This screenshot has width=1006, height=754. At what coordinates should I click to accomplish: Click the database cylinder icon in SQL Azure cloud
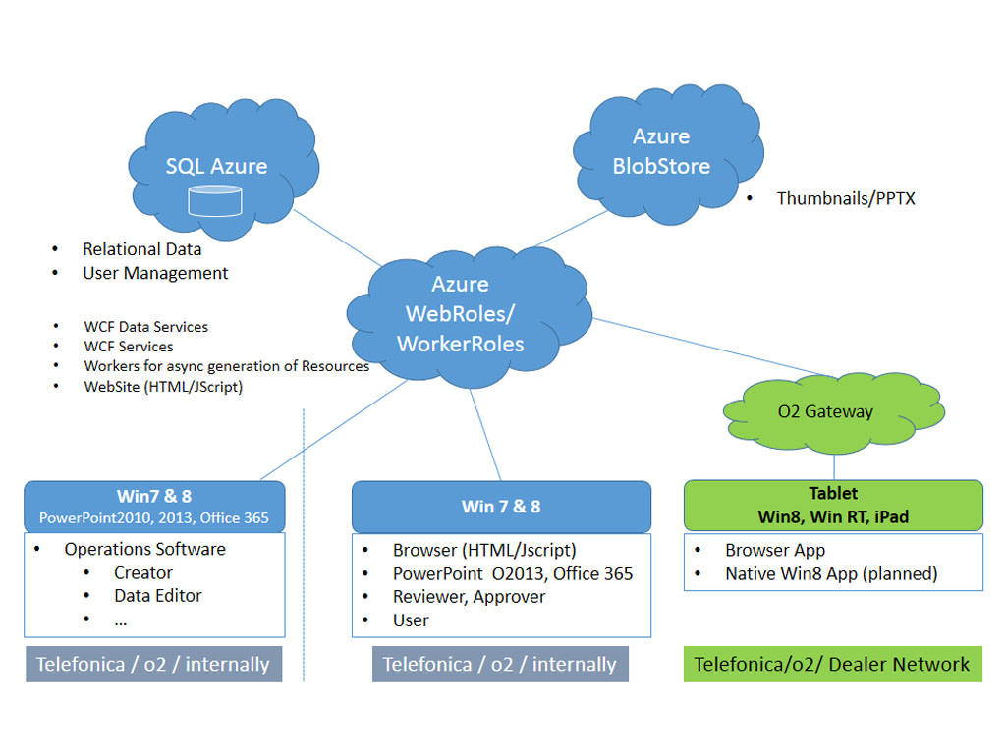click(214, 200)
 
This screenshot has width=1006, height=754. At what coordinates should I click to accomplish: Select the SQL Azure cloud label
click(216, 166)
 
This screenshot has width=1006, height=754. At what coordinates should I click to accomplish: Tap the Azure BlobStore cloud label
click(661, 151)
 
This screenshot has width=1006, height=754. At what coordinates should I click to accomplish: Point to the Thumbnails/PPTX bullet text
click(845, 198)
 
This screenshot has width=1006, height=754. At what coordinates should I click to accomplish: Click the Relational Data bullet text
click(141, 249)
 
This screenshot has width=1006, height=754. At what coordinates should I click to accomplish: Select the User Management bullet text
click(155, 273)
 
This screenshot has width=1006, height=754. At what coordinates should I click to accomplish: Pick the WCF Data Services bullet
click(145, 327)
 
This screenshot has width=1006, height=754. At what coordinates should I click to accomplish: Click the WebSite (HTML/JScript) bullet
click(163, 387)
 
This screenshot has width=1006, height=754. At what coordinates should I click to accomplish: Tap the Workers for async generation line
click(226, 366)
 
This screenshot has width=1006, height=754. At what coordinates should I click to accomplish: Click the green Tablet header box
click(833, 505)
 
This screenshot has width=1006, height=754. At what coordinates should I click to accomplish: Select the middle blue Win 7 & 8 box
click(501, 507)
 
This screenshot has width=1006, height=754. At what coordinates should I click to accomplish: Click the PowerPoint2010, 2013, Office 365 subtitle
click(154, 517)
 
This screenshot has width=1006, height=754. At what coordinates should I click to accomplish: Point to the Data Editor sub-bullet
click(157, 595)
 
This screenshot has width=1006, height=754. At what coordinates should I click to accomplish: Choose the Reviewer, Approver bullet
click(469, 596)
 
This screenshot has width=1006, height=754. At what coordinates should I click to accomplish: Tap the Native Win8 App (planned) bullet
click(831, 573)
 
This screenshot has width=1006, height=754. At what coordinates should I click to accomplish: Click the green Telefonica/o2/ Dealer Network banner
click(832, 664)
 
